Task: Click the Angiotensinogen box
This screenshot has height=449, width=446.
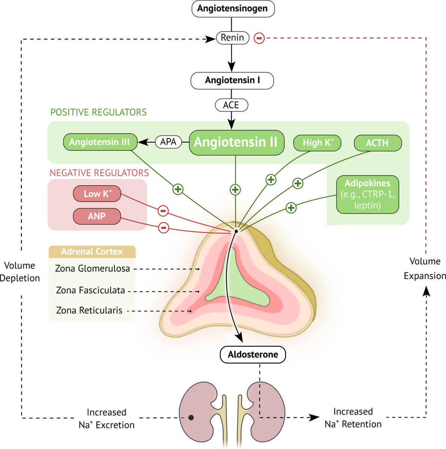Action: (x=233, y=9)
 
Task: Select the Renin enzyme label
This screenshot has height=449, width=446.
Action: (x=233, y=38)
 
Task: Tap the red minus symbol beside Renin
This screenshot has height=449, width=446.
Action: (x=259, y=38)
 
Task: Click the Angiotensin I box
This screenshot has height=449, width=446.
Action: (x=232, y=80)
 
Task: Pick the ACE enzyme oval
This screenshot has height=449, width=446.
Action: (x=231, y=105)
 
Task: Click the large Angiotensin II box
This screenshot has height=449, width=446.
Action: (x=236, y=143)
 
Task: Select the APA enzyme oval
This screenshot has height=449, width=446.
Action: (x=168, y=142)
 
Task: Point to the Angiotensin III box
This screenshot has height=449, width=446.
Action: (x=100, y=142)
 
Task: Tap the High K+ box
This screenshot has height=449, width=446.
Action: (x=317, y=143)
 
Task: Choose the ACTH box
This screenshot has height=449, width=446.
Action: (x=378, y=143)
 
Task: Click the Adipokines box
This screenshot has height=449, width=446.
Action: (x=367, y=194)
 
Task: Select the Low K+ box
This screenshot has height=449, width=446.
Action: (x=97, y=193)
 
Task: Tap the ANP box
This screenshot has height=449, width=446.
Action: (x=97, y=216)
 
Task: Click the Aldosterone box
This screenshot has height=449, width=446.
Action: (x=253, y=355)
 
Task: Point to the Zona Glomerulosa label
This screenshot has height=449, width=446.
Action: (x=92, y=269)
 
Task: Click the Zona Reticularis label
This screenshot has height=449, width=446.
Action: (x=89, y=311)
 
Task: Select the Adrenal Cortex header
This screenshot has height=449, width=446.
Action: (x=92, y=252)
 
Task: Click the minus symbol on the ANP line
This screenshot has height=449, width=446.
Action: (x=164, y=227)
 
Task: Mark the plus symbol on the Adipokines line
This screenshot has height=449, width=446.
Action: (x=291, y=208)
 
